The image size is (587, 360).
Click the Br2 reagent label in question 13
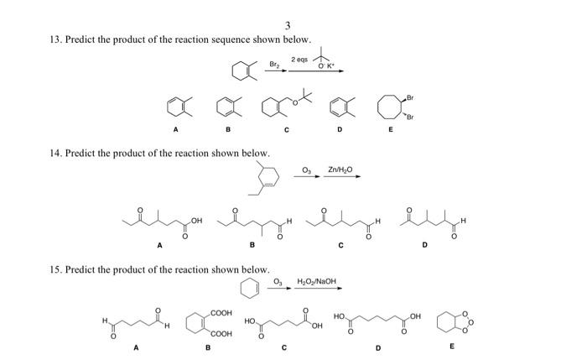(x=274, y=64)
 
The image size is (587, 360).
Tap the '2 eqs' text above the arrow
(x=300, y=60)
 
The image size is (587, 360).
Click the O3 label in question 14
(x=306, y=170)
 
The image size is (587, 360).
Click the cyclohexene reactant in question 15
(x=249, y=290)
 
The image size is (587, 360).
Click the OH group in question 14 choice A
(x=196, y=220)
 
